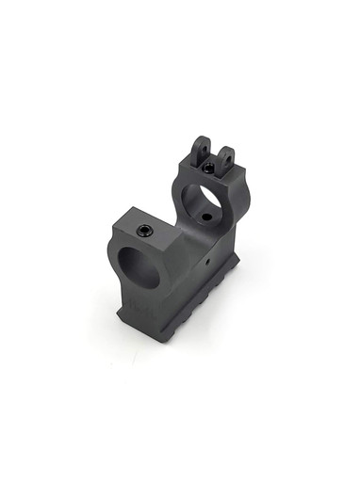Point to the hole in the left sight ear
(200, 147)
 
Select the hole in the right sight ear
(225, 156)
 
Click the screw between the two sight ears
(208, 169)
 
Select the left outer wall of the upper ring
(176, 193)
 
